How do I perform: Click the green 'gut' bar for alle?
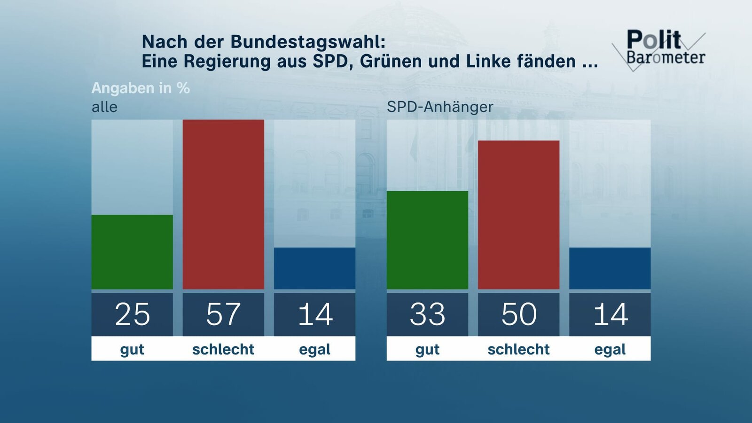pyautogui.click(x=132, y=252)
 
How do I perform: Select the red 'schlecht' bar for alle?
pyautogui.click(x=223, y=204)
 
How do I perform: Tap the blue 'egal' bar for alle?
pyautogui.click(x=314, y=268)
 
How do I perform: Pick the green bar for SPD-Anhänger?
pyautogui.click(x=427, y=240)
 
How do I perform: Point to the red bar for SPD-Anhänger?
pyautogui.click(x=518, y=215)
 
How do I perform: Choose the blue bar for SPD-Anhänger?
pyautogui.click(x=610, y=268)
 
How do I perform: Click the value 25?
pyautogui.click(x=132, y=314)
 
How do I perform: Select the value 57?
pyautogui.click(x=223, y=314)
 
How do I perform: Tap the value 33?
pyautogui.click(x=427, y=314)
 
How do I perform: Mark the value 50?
pyautogui.click(x=518, y=314)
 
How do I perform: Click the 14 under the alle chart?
pyautogui.click(x=314, y=314)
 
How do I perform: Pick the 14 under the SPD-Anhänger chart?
pyautogui.click(x=610, y=314)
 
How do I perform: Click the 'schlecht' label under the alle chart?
pyautogui.click(x=223, y=349)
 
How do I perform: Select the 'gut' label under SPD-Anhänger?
pyautogui.click(x=427, y=349)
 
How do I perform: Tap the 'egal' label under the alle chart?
pyautogui.click(x=314, y=349)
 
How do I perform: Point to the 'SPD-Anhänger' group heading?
pyautogui.click(x=440, y=107)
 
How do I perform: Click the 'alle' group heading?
pyautogui.click(x=104, y=107)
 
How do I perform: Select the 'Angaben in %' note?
pyautogui.click(x=141, y=88)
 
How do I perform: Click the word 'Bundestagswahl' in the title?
pyautogui.click(x=308, y=42)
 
